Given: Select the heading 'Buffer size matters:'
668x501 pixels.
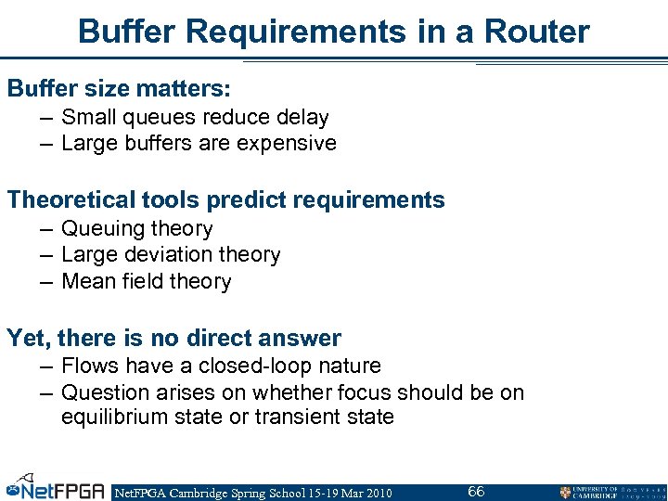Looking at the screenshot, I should pyautogui.click(x=119, y=89).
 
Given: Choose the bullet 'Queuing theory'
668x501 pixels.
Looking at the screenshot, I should pyautogui.click(x=136, y=229).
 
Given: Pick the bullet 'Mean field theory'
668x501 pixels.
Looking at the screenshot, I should pyautogui.click(x=146, y=281).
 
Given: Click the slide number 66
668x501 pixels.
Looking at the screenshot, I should pyautogui.click(x=476, y=491).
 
